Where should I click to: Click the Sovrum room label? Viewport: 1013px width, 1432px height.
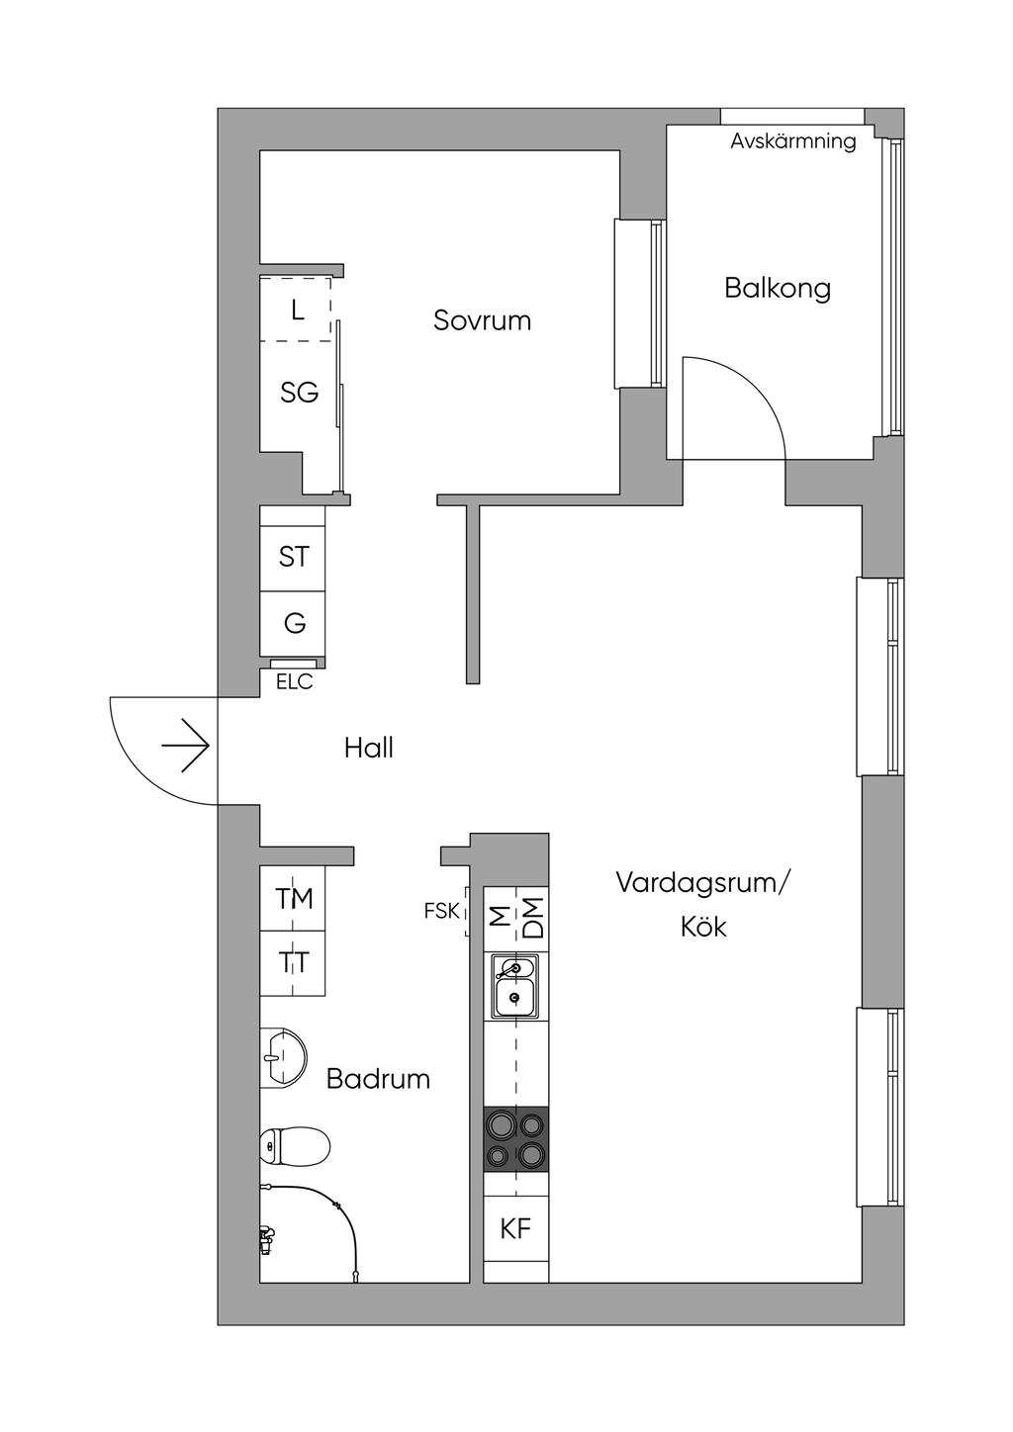tap(482, 320)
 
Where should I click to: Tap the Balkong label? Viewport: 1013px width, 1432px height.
tap(778, 289)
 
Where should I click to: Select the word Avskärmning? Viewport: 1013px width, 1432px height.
tap(793, 141)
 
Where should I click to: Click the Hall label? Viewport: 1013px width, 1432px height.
tap(368, 748)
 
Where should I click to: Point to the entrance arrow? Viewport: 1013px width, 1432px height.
tap(185, 746)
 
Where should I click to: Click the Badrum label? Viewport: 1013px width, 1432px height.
tap(378, 1079)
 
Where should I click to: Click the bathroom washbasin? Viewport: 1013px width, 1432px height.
tap(284, 1058)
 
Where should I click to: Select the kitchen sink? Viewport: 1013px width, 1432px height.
tap(514, 985)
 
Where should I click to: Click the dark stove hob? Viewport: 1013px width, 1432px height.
tap(516, 1138)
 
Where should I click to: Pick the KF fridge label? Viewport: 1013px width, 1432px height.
tap(515, 1228)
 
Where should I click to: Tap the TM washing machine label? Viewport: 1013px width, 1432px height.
tap(294, 899)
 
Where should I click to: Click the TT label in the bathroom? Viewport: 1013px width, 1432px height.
tap(294, 962)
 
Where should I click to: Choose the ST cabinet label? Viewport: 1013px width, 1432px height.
tap(294, 557)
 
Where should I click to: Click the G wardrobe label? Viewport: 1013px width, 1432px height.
tap(294, 623)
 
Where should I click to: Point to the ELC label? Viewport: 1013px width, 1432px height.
tap(294, 682)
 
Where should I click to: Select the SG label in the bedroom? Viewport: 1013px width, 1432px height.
tap(300, 393)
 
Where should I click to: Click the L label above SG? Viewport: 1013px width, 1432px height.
tap(297, 311)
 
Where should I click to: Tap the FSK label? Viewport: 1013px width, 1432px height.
tap(442, 911)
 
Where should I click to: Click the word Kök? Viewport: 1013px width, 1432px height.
tap(702, 927)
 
